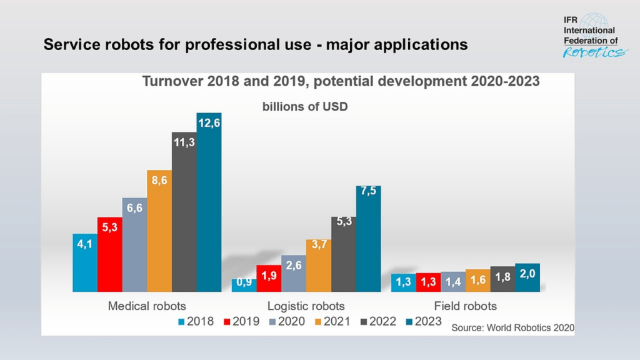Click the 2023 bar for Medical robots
click(209, 206)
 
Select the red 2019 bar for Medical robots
click(109, 256)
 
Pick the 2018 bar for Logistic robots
click(244, 285)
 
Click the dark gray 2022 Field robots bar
click(502, 279)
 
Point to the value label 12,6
click(209, 122)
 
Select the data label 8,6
click(159, 179)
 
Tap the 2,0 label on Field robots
click(527, 273)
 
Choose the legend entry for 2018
click(195, 322)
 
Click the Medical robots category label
click(147, 306)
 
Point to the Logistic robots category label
click(306, 306)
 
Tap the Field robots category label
click(466, 306)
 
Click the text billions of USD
click(304, 107)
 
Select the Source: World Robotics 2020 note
click(512, 327)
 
